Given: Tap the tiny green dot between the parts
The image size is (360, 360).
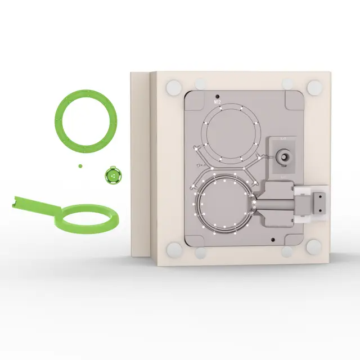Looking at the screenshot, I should click(80, 165).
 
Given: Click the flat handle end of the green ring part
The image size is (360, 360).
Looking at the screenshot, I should click(21, 201).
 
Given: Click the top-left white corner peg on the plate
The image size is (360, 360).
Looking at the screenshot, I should click(174, 87).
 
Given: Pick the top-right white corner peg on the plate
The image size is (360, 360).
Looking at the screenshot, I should click(314, 87).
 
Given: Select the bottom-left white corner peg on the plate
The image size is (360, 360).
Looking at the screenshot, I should click(174, 247).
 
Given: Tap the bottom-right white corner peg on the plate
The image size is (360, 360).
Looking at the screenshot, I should click(314, 246).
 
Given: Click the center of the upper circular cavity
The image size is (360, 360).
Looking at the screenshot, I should click(232, 132).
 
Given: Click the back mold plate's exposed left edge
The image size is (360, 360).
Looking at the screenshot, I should click(139, 163).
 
